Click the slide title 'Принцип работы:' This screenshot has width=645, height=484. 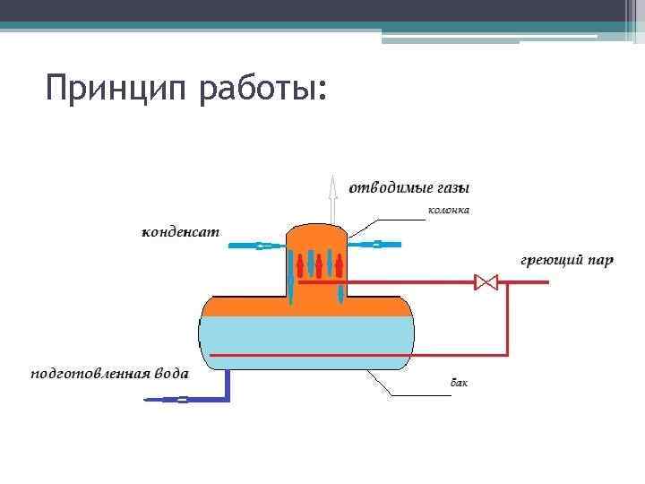(186, 90)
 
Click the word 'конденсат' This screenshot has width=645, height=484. (181, 233)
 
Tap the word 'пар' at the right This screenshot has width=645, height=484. (601, 261)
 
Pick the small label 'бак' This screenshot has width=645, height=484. (459, 383)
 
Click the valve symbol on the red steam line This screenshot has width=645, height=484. (486, 282)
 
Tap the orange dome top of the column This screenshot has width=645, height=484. (316, 235)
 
